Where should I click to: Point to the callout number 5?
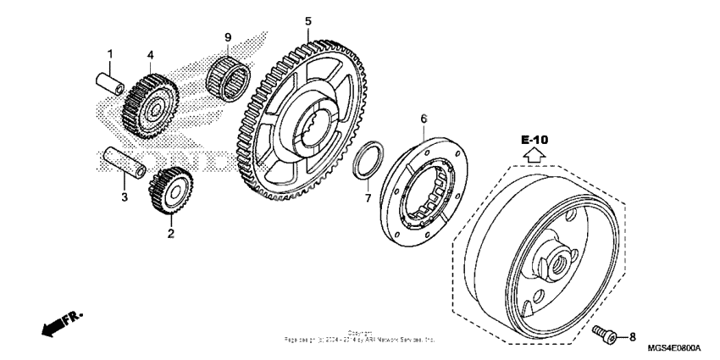point(308,20)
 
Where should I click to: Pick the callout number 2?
point(170,232)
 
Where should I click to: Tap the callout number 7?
point(368,197)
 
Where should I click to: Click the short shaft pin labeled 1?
point(109,85)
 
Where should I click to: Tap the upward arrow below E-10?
point(534,156)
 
